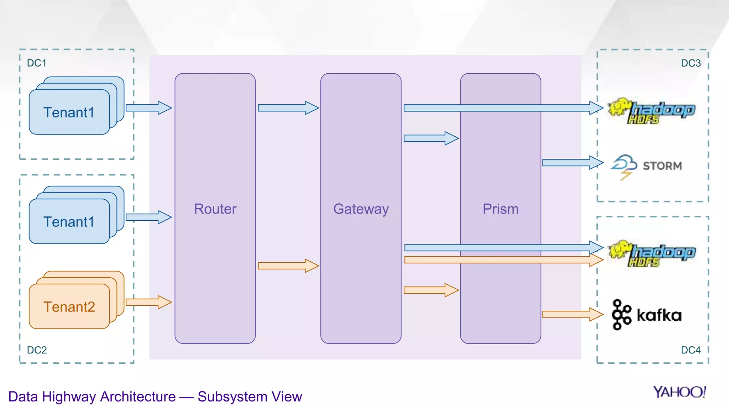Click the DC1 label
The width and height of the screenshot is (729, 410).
pyautogui.click(x=37, y=63)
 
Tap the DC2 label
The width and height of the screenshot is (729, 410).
pyautogui.click(x=37, y=350)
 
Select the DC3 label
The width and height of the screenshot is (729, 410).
pyautogui.click(x=691, y=63)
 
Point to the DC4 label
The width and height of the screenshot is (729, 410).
pyautogui.click(x=691, y=350)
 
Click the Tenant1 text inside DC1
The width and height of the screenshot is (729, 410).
pyautogui.click(x=69, y=112)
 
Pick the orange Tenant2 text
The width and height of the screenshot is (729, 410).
pyautogui.click(x=69, y=307)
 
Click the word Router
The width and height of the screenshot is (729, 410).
pyautogui.click(x=215, y=209)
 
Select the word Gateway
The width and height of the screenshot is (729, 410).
pyautogui.click(x=361, y=209)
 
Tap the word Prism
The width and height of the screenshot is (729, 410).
pyautogui.click(x=500, y=209)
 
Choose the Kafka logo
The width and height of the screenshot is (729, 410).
pyautogui.click(x=646, y=315)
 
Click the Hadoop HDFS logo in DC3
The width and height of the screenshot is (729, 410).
pyautogui.click(x=651, y=111)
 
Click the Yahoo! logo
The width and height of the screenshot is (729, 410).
pyautogui.click(x=679, y=392)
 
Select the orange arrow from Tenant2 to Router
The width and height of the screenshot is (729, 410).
pyautogui.click(x=149, y=302)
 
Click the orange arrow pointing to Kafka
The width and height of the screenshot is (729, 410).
pyautogui.click(x=572, y=314)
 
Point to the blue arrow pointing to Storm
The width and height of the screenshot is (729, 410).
pyautogui.click(x=572, y=163)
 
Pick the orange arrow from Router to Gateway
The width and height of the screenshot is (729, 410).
pyautogui.click(x=288, y=266)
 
